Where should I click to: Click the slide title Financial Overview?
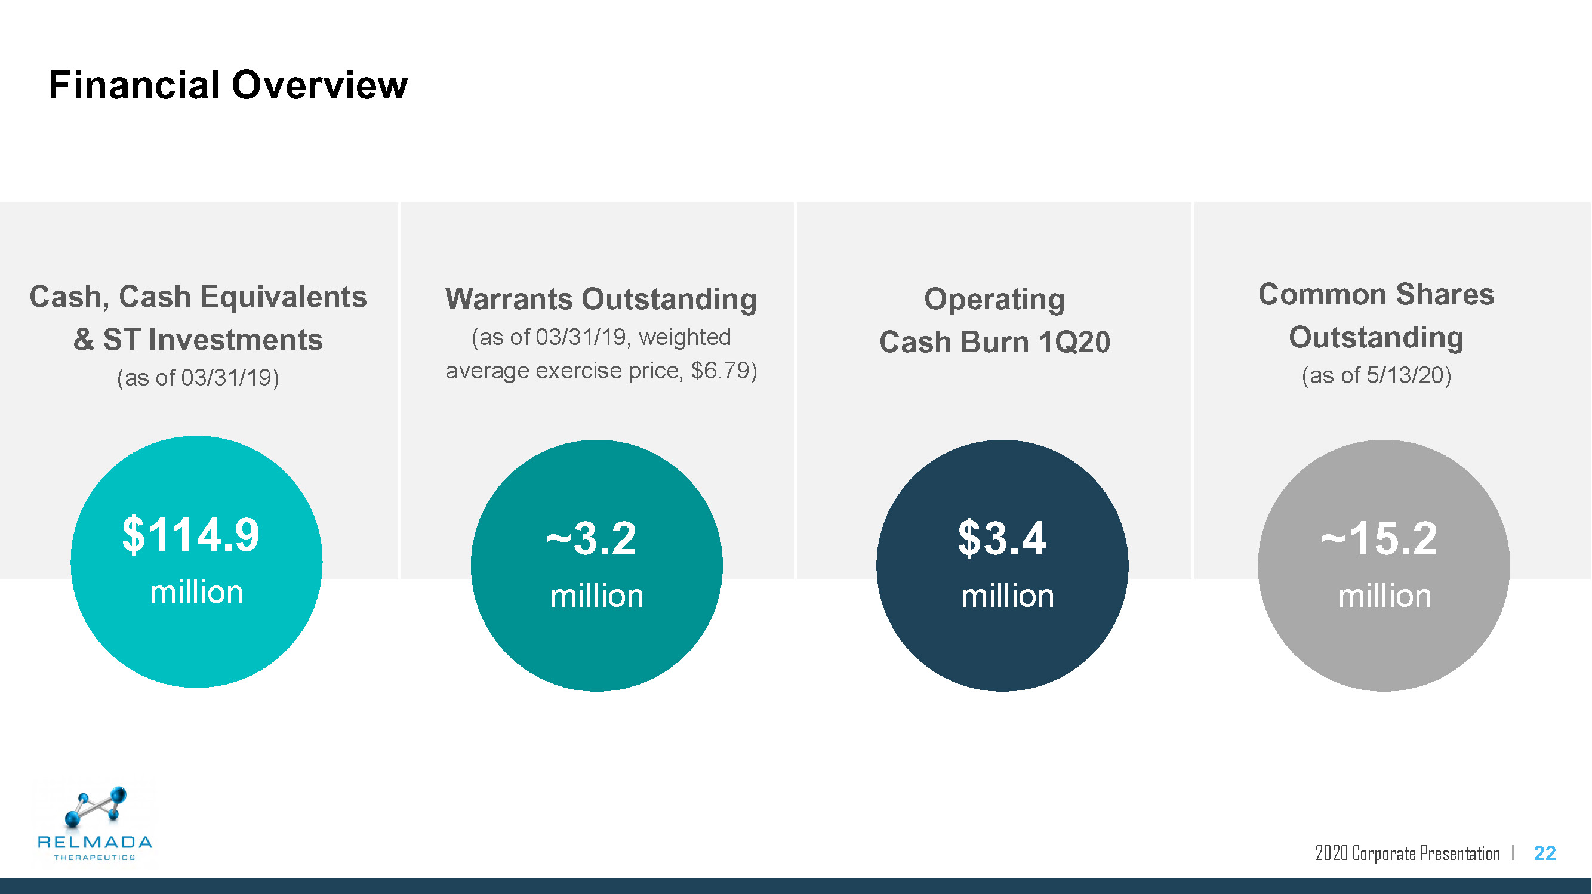pos(228,85)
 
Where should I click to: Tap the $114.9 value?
pos(191,535)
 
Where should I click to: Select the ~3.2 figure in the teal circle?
pos(591,539)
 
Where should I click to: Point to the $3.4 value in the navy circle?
pos(1002,539)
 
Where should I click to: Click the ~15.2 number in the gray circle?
pos(1379,539)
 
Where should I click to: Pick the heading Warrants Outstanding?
pos(601,299)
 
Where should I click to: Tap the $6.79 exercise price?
pos(723,371)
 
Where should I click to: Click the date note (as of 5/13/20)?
pos(1377,375)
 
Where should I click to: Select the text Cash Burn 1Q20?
pos(995,341)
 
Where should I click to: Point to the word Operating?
pos(994,300)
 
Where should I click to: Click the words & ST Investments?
pos(198,339)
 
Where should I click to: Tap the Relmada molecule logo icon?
pos(96,806)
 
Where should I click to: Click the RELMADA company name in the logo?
pos(94,841)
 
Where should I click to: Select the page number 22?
pos(1544,853)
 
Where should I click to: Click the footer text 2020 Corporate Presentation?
pos(1407,853)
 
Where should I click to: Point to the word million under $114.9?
pos(196,593)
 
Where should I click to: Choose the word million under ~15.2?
pos(1384,596)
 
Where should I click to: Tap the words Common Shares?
pos(1377,294)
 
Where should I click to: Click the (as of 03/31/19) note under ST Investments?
pos(198,378)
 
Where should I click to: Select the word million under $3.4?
pos(1008,596)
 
